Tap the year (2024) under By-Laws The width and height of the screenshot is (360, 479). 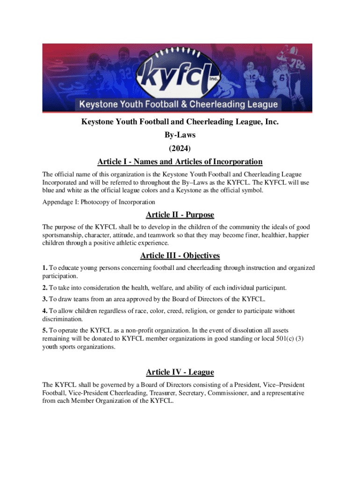pyautogui.click(x=180, y=148)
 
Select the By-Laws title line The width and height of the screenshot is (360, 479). pyautogui.click(x=180, y=135)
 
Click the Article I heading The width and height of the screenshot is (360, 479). pyautogui.click(x=180, y=162)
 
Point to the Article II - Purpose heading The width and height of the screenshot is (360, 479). pyautogui.click(x=180, y=215)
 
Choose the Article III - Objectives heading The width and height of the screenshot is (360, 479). pyautogui.click(x=180, y=255)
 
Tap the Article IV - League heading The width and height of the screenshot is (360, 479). pyautogui.click(x=180, y=372)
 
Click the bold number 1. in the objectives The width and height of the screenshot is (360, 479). pyautogui.click(x=45, y=268)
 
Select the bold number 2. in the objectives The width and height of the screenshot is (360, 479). pyautogui.click(x=45, y=287)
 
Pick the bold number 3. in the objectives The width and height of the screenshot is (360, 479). pyautogui.click(x=45, y=299)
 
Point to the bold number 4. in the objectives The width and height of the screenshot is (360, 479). pyautogui.click(x=45, y=311)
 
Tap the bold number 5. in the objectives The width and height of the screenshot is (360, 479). pyautogui.click(x=45, y=330)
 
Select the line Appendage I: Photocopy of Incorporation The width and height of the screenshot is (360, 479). pyautogui.click(x=99, y=202)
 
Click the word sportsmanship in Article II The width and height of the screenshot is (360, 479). pyautogui.click(x=62, y=235)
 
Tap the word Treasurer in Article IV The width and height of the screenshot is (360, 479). pyautogui.click(x=162, y=393)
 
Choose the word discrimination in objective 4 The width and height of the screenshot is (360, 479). pyautogui.click(x=63, y=319)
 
